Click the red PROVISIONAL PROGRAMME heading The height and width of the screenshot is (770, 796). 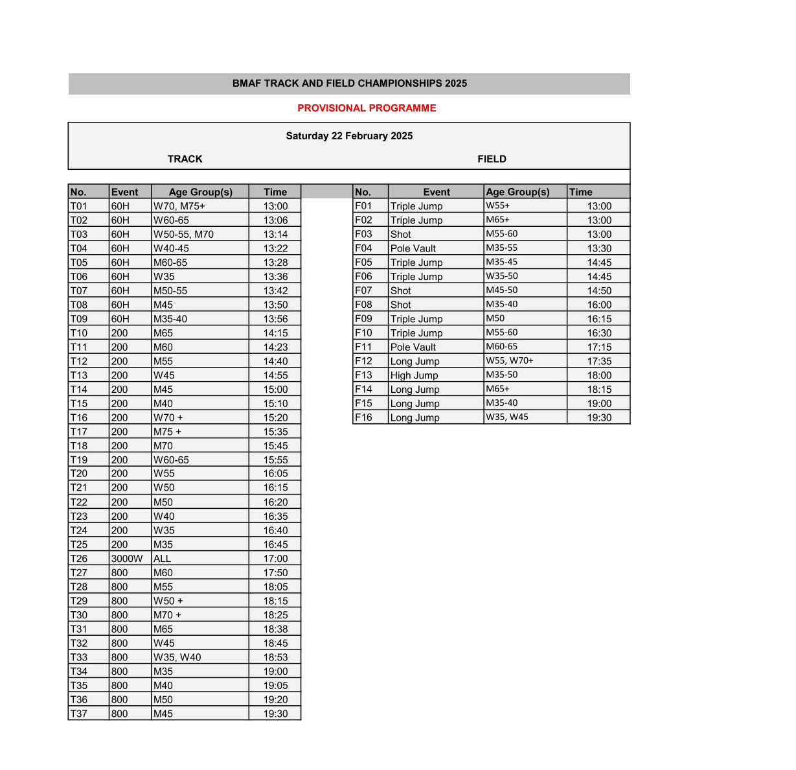coord(367,108)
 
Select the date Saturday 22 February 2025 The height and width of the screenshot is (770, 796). coord(349,136)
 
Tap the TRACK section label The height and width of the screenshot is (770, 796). coord(185,159)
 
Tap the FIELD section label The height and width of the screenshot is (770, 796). coord(492,159)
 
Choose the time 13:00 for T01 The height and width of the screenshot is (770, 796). coord(275,206)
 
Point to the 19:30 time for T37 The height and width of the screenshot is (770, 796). coord(275,714)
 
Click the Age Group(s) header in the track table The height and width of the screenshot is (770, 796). coord(200,192)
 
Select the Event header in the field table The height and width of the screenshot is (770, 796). coord(437,192)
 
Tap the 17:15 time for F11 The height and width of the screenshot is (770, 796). coord(599,347)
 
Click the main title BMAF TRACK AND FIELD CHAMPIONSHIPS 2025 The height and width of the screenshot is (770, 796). coord(349,84)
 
